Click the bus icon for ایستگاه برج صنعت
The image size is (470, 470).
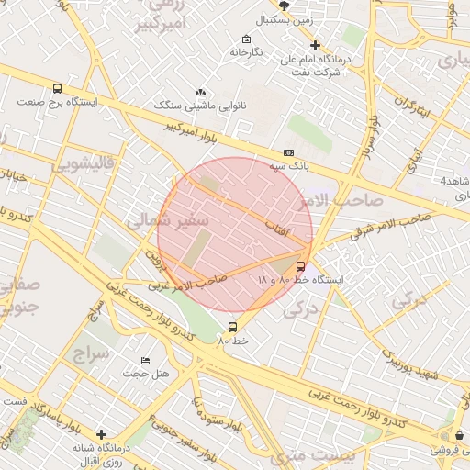[x=59, y=89]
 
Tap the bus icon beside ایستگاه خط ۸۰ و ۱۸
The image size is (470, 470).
[x=301, y=267]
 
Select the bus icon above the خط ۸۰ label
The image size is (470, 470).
[x=231, y=326]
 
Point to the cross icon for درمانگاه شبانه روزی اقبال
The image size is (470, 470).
[x=101, y=433]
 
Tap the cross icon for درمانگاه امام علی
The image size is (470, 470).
[x=315, y=44]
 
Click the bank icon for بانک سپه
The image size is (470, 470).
[x=288, y=152]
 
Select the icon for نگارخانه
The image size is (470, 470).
[x=246, y=39]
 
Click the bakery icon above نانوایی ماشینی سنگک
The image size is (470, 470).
[x=201, y=93]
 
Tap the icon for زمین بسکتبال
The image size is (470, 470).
[x=284, y=6]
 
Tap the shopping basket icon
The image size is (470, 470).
[x=459, y=435]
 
